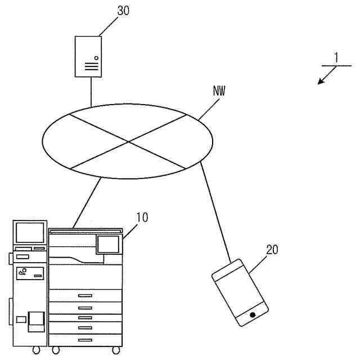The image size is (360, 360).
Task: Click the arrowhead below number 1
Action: (321, 82)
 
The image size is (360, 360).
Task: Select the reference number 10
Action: (142, 217)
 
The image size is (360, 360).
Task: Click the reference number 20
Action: (272, 250)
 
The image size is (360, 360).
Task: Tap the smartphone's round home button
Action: (253, 314)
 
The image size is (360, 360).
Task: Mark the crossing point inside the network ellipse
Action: (129, 141)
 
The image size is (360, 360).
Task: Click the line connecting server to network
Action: (91, 91)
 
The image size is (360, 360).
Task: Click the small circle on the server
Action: (96, 57)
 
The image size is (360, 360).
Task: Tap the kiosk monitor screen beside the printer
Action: (30, 232)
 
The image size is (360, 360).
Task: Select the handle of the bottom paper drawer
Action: (85, 340)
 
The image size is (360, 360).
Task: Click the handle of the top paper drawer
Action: (85, 295)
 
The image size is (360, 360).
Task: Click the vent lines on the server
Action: (89, 66)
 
